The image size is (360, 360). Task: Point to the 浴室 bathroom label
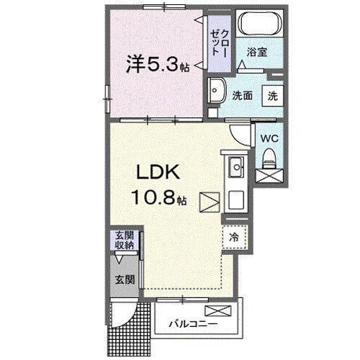coord(257,51)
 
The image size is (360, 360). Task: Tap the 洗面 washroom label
coord(242,94)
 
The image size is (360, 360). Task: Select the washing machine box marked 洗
coord(274,94)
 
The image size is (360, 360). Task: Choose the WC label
coord(270,137)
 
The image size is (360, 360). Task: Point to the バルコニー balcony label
coord(191,323)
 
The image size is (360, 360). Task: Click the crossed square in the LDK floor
coord(210,201)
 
